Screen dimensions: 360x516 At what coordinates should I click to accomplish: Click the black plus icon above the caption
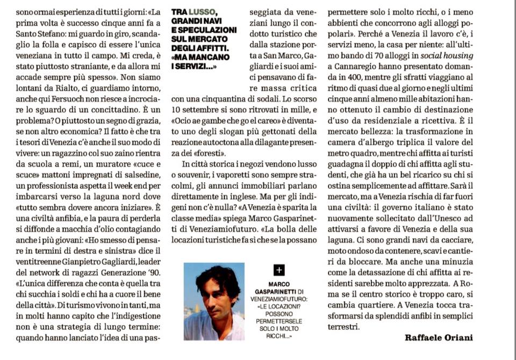(279, 270)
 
